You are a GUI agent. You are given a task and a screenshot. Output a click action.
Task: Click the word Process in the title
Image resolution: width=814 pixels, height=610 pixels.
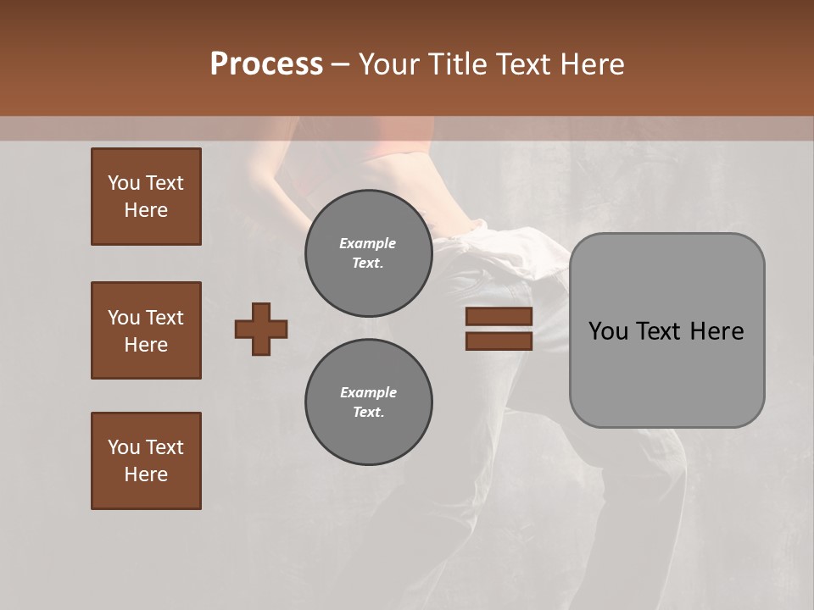266,64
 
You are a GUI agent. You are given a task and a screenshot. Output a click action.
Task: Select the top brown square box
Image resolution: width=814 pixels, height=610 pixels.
146,197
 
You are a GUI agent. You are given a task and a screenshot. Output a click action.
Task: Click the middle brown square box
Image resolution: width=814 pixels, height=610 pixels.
146,330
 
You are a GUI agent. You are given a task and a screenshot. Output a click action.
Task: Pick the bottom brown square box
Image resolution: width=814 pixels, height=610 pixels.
146,461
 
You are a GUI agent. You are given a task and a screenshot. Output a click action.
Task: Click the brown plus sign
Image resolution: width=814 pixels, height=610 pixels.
261,329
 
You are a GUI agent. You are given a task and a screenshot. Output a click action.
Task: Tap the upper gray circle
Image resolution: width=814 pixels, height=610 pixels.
368,253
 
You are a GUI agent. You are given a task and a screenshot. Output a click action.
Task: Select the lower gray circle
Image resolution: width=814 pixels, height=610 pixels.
368,402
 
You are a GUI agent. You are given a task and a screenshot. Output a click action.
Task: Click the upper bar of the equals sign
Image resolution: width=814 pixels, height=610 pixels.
499,317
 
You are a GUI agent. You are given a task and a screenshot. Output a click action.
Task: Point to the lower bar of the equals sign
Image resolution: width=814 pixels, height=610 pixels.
499,341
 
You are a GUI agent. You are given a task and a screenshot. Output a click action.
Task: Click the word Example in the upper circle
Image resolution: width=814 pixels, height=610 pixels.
368,243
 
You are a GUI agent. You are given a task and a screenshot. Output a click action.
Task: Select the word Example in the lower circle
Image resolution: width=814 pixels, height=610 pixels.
368,392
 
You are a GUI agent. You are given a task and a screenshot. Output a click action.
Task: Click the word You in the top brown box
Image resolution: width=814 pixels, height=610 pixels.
123,183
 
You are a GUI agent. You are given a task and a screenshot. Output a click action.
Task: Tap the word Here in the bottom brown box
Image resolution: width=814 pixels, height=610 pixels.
146,474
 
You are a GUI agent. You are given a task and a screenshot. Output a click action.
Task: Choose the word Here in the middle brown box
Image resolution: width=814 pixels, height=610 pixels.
146,345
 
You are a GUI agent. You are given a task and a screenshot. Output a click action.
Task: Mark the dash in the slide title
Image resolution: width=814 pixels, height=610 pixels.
340,64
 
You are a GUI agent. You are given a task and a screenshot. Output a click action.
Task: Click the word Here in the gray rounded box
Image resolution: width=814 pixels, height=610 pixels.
716,331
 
